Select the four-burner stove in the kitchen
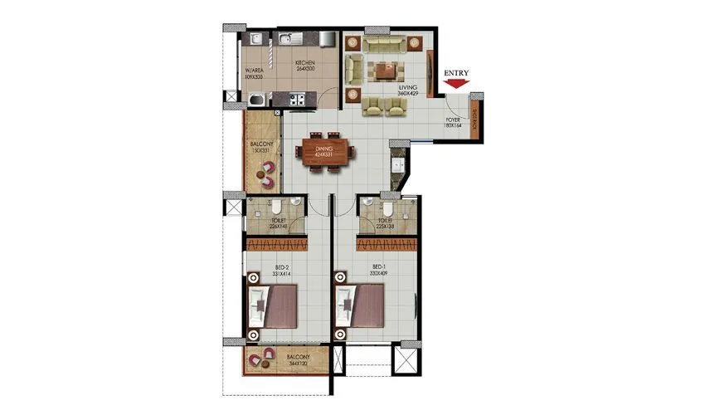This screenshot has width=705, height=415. [297, 100]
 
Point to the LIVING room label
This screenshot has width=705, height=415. [406, 89]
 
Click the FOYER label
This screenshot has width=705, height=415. [453, 125]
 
